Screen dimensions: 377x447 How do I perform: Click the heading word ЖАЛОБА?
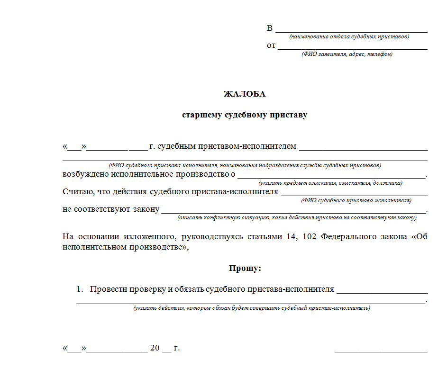[245, 94]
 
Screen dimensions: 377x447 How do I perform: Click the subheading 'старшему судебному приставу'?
[245, 115]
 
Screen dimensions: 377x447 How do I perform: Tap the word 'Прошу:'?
[245, 268]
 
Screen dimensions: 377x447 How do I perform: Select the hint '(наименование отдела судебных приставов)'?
[349, 36]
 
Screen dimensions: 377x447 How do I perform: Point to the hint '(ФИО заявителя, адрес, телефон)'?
[347, 54]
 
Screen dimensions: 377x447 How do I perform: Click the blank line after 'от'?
[353, 48]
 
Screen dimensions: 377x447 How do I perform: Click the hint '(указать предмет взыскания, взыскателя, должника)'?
[330, 183]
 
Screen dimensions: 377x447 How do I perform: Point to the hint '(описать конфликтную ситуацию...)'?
[297, 218]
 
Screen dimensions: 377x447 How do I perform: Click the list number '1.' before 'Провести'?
[80, 289]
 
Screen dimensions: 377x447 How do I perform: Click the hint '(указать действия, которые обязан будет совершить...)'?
[252, 308]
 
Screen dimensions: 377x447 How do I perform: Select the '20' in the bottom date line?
[155, 348]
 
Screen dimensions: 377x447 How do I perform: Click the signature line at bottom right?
[381, 351]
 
